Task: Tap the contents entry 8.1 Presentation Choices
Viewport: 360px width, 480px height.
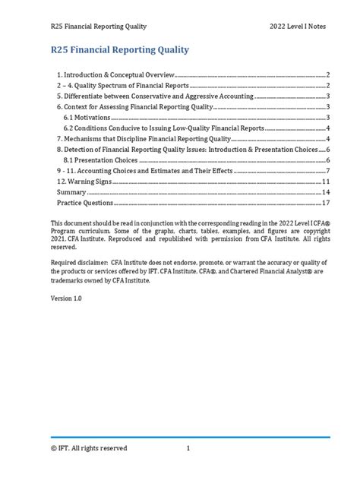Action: [101, 161]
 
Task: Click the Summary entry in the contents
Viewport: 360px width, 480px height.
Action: [72, 193]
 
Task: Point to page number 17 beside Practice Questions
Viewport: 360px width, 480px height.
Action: [325, 204]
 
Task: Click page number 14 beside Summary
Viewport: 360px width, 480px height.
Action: [325, 193]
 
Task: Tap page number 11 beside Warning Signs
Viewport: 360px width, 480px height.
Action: [325, 182]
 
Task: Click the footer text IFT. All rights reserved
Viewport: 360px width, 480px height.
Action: [87, 448]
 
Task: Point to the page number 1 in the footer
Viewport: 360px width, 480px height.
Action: [187, 448]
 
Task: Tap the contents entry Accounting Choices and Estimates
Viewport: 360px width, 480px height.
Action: [156, 172]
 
